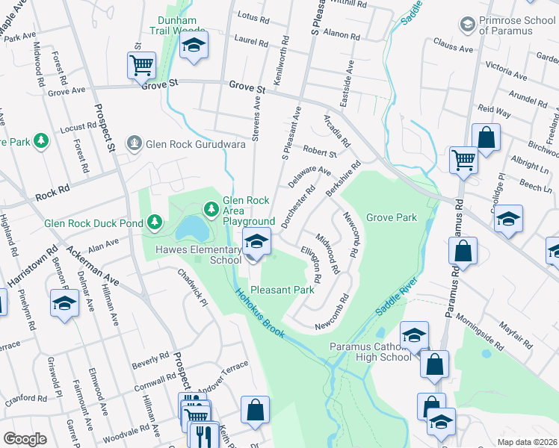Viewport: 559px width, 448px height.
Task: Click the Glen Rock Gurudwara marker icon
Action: tap(135, 142)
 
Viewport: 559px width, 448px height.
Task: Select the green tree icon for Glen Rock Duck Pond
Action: tap(155, 222)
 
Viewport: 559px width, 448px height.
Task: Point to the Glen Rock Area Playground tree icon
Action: tap(211, 206)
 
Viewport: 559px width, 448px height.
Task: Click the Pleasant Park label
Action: tap(282, 289)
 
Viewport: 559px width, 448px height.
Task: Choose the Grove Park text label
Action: tap(390, 217)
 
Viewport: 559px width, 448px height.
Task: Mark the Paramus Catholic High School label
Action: tap(371, 352)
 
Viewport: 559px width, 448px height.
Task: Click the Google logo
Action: tap(25, 438)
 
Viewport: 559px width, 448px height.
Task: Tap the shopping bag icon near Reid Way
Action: tap(486, 137)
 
